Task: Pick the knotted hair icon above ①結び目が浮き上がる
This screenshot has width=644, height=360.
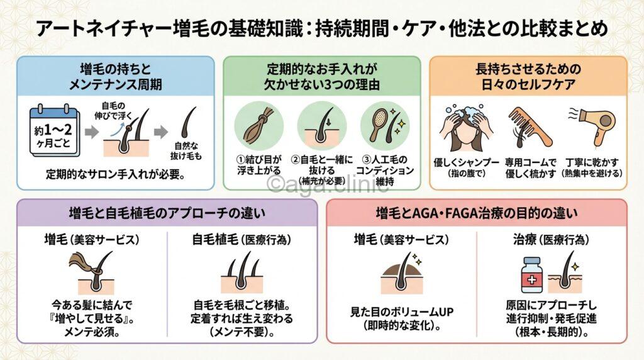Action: click(x=259, y=125)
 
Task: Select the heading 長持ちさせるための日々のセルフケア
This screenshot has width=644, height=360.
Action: click(x=528, y=76)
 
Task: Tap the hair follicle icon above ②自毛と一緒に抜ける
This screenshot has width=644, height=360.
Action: click(x=322, y=125)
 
